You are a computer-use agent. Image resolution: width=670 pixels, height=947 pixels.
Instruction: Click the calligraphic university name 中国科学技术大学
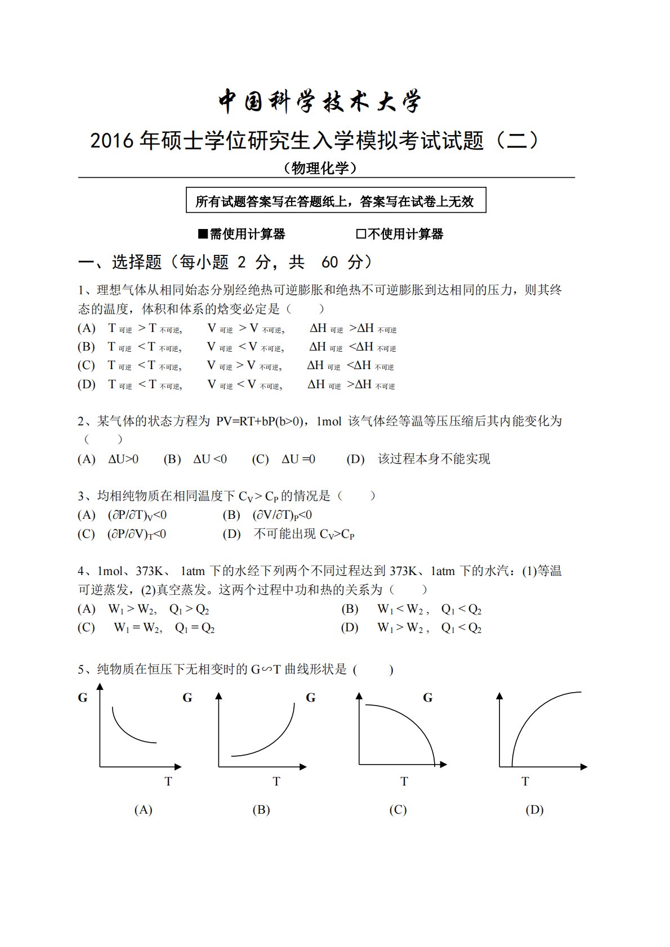coord(319,102)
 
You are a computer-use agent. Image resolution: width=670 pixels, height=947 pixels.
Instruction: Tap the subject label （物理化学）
coord(320,168)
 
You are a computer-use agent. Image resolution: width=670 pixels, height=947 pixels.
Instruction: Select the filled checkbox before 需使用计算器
coord(203,234)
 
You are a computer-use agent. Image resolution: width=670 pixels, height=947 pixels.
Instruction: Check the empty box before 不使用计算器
coord(361,234)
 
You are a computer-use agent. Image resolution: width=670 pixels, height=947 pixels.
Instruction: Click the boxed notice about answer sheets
coord(336,201)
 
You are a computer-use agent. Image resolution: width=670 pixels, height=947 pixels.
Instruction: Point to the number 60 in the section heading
coord(330,262)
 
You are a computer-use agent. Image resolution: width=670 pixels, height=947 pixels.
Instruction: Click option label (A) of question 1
coord(86,328)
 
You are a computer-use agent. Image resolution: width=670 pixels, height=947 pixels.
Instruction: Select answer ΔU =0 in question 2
coord(298,459)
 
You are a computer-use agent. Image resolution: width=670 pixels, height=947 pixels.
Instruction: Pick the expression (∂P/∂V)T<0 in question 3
coord(136,534)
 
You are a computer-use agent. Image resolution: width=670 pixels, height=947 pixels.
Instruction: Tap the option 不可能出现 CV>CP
coord(304,534)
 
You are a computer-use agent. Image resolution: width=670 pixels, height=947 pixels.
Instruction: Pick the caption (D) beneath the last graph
coord(534,810)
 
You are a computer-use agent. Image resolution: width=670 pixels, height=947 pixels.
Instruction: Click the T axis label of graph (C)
coord(404,782)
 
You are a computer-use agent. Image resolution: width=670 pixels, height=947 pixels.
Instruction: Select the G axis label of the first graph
coord(83,698)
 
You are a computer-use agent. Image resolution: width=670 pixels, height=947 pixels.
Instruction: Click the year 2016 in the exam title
coord(112,141)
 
